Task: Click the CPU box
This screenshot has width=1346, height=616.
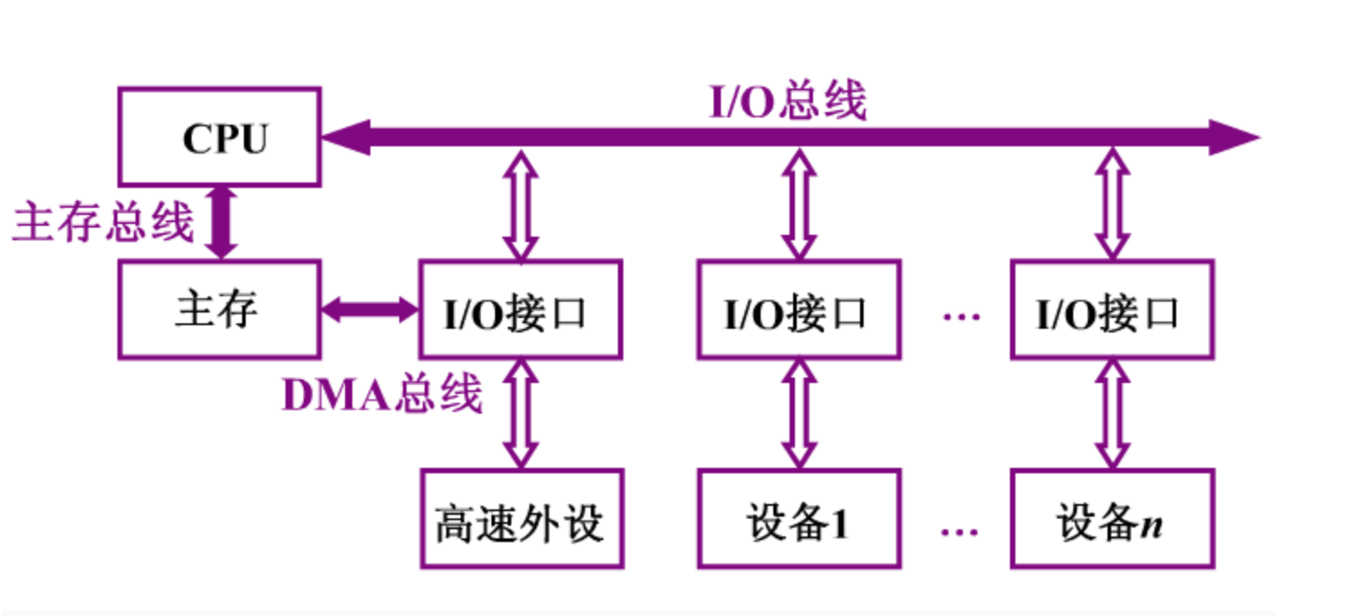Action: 220,137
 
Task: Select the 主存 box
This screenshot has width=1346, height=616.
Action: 219,310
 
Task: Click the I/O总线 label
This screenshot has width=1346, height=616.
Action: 787,101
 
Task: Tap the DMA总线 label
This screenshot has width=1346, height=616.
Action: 382,395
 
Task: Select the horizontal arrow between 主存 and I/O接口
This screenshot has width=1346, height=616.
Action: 369,310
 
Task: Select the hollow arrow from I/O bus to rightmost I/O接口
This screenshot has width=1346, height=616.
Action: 1111,206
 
